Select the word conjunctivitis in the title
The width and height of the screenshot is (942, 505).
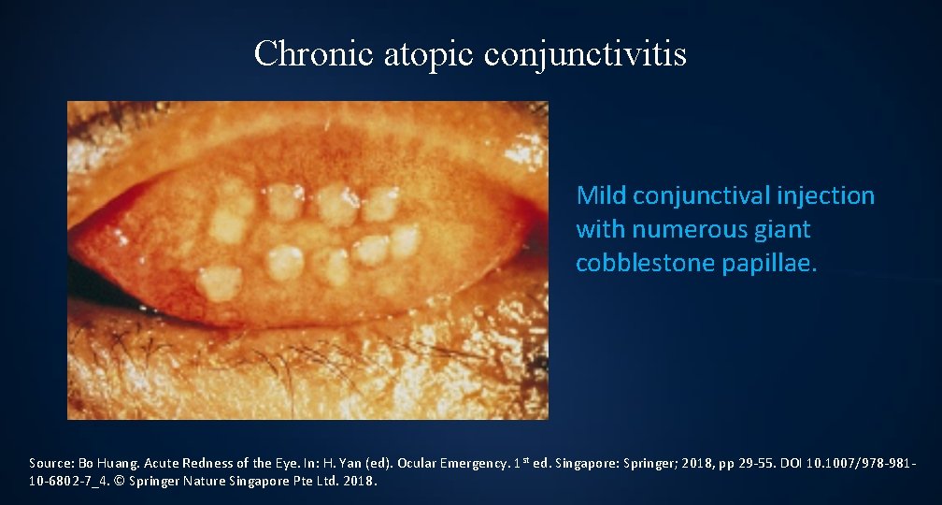click(586, 53)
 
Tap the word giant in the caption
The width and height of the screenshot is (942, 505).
click(784, 229)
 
